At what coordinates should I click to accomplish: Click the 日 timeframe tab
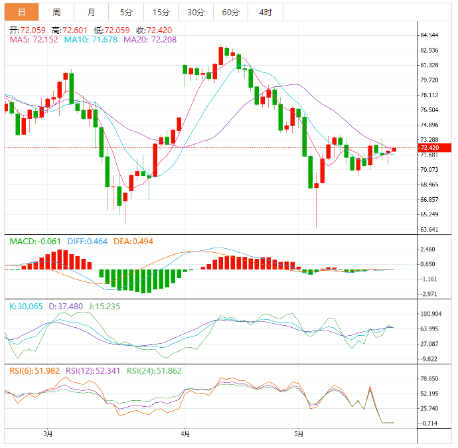(22, 12)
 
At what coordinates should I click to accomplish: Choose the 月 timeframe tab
(91, 12)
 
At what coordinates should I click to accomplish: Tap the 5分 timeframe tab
(126, 12)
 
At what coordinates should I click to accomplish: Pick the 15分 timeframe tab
(161, 12)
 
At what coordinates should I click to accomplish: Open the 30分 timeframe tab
(196, 12)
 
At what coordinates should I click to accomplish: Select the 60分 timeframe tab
(230, 12)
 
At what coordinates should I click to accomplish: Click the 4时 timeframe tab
(266, 12)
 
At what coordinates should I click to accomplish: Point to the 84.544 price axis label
(429, 35)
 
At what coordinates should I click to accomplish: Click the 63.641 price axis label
(429, 230)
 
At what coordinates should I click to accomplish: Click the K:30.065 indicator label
(25, 307)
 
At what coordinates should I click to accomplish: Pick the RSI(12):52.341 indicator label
(94, 371)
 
